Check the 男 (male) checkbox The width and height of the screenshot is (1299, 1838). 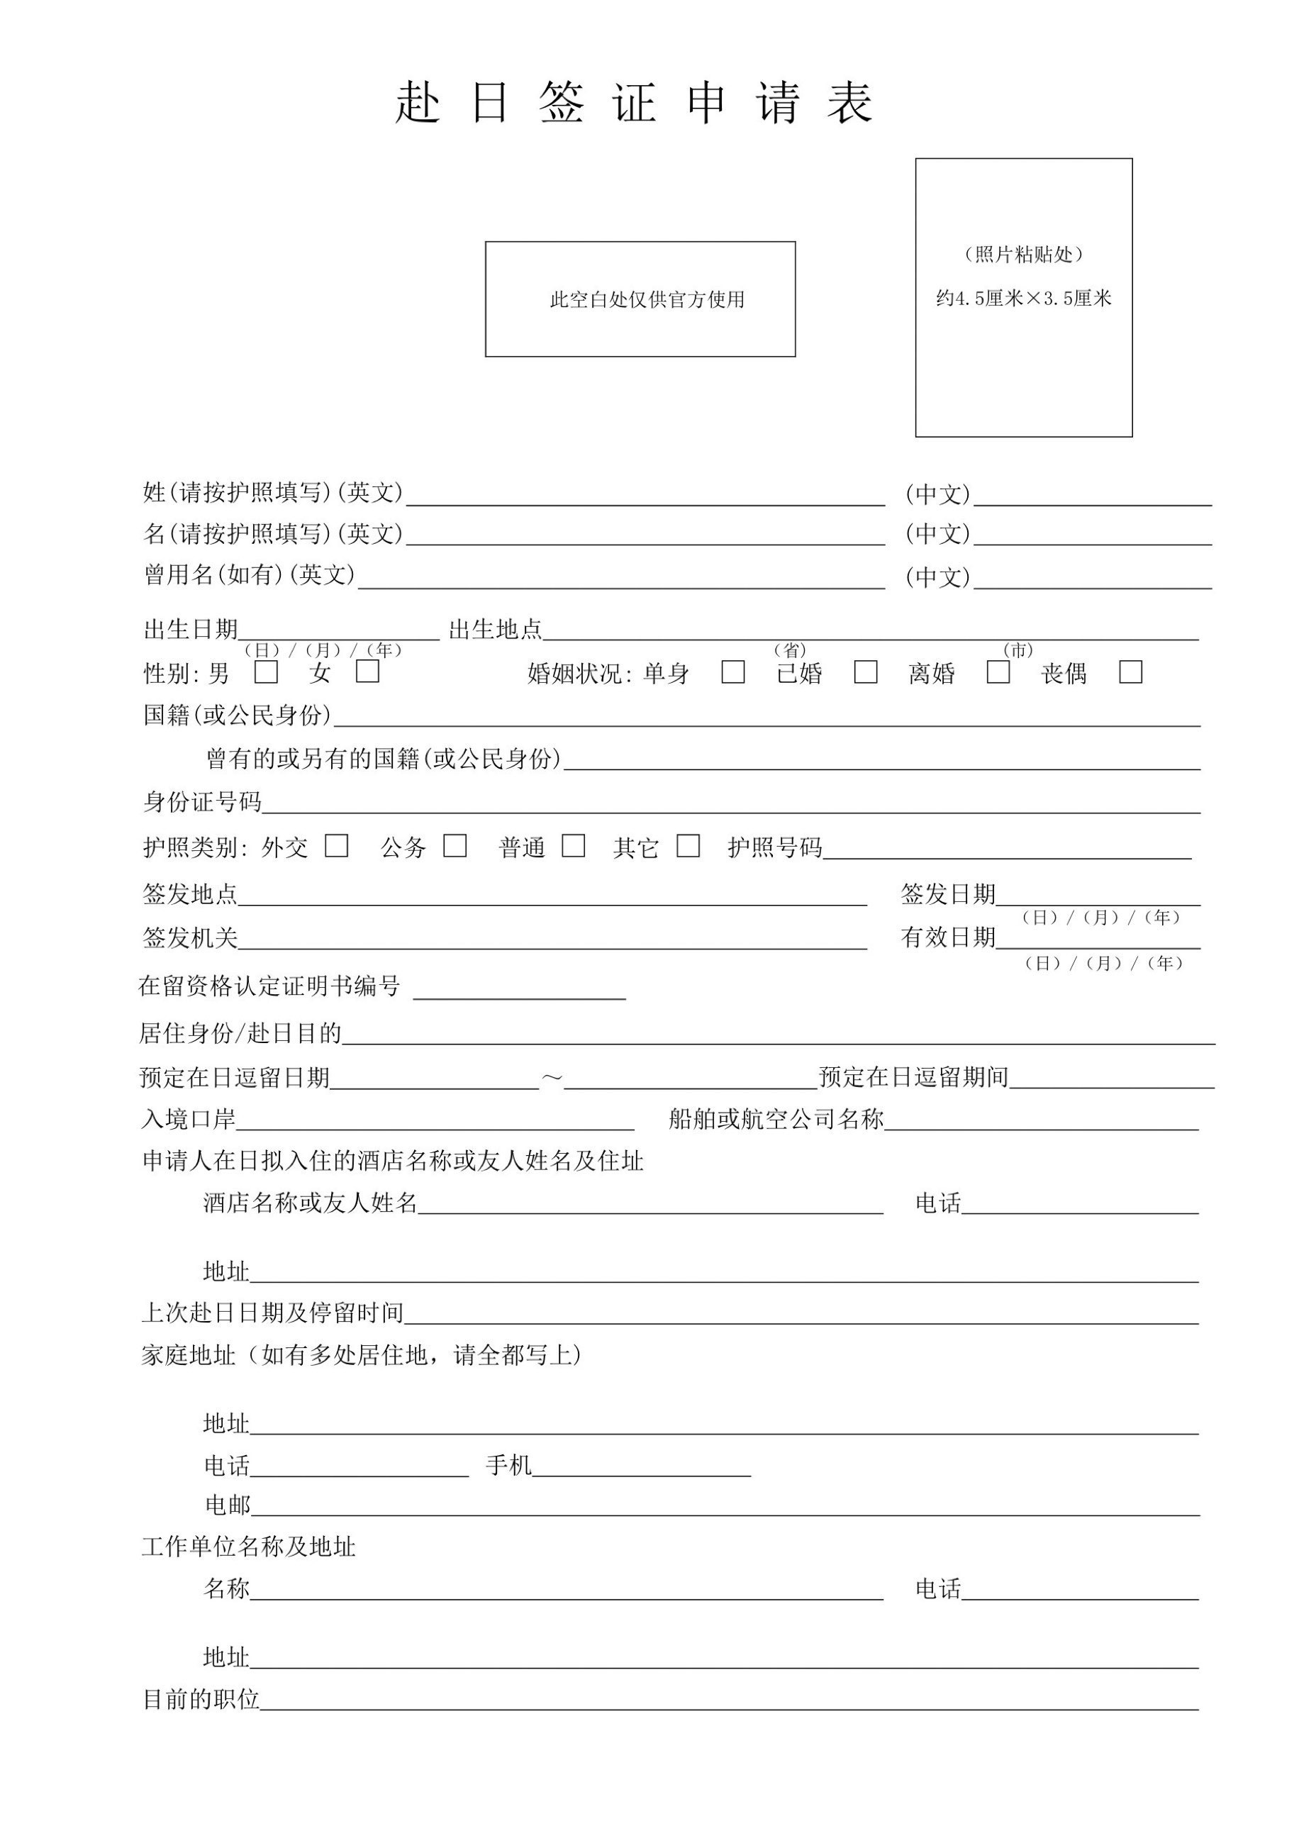coord(267,672)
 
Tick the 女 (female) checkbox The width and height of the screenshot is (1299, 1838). coord(367,671)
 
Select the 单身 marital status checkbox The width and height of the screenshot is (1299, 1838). coord(732,672)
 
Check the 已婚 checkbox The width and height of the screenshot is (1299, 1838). coord(865,672)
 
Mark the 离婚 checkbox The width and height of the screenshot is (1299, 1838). coord(998,672)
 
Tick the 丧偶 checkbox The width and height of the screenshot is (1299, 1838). coord(1130,672)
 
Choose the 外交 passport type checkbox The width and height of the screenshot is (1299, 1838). coord(337,846)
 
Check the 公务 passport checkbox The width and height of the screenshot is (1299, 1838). coord(455,846)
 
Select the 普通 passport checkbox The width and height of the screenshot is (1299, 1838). coord(573,846)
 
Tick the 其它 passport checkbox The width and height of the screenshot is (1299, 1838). coord(688,846)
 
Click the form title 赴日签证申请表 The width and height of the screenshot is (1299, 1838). coord(634,104)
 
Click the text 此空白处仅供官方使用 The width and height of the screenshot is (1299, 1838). coord(647,299)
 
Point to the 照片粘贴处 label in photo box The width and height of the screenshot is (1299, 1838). coord(1024,255)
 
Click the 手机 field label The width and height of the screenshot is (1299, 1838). coord(508,1466)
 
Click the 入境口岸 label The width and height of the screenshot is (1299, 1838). coord(189,1119)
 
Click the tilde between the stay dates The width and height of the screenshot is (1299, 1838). coord(552,1078)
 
